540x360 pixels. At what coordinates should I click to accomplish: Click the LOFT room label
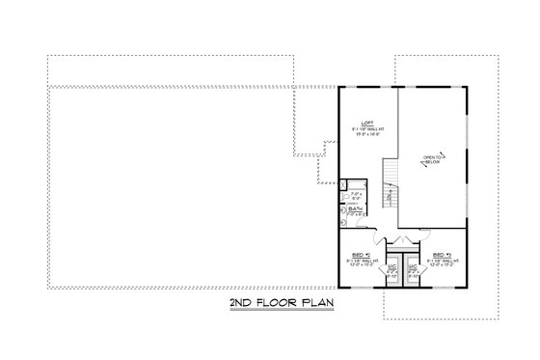point(366,123)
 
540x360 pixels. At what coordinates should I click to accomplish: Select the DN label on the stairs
point(390,198)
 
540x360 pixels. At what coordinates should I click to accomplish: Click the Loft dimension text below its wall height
point(366,134)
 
